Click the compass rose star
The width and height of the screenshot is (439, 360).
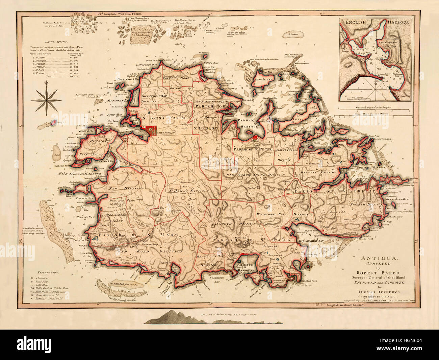(x=46, y=100)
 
